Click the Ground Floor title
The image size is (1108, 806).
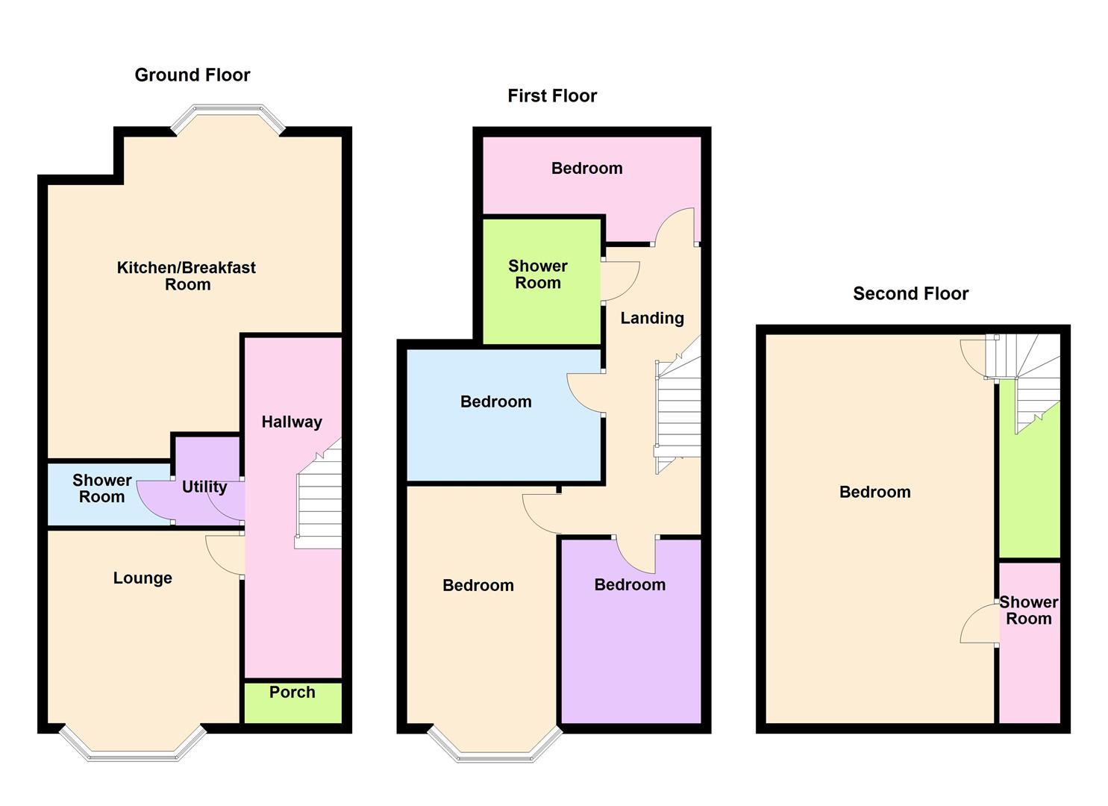(192, 75)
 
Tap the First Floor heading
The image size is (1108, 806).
(552, 96)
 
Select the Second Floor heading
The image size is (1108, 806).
(910, 293)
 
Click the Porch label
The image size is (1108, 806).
(292, 692)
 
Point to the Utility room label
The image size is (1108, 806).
(204, 487)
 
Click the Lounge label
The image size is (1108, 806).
(143, 578)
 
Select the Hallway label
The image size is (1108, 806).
(292, 422)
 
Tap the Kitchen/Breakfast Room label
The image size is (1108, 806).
(187, 275)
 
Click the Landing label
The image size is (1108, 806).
(652, 318)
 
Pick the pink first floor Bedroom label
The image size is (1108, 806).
(586, 168)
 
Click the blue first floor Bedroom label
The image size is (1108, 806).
(495, 402)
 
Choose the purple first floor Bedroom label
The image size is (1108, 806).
(630, 584)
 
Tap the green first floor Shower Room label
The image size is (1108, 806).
(538, 274)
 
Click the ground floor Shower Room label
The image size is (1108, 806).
(102, 488)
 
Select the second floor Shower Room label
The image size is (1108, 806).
(1028, 610)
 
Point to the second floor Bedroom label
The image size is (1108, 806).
(874, 492)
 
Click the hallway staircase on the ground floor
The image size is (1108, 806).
(319, 500)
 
